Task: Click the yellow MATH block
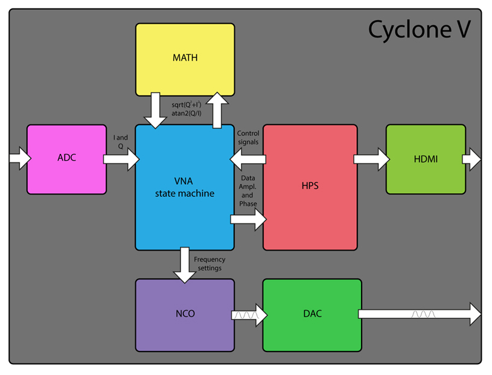pyautogui.click(x=185, y=59)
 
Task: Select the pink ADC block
pyautogui.click(x=66, y=159)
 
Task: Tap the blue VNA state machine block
pyautogui.click(x=184, y=187)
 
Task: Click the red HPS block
pyautogui.click(x=310, y=187)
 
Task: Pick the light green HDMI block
pyautogui.click(x=426, y=159)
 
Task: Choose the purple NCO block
pyautogui.click(x=185, y=315)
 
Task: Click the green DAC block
pyautogui.click(x=311, y=315)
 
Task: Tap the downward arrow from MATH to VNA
pyautogui.click(x=156, y=110)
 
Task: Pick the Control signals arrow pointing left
pyautogui.click(x=248, y=159)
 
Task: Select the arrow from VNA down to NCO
pyautogui.click(x=185, y=264)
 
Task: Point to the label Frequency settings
pyautogui.click(x=209, y=264)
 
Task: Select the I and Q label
pyautogui.click(x=120, y=142)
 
